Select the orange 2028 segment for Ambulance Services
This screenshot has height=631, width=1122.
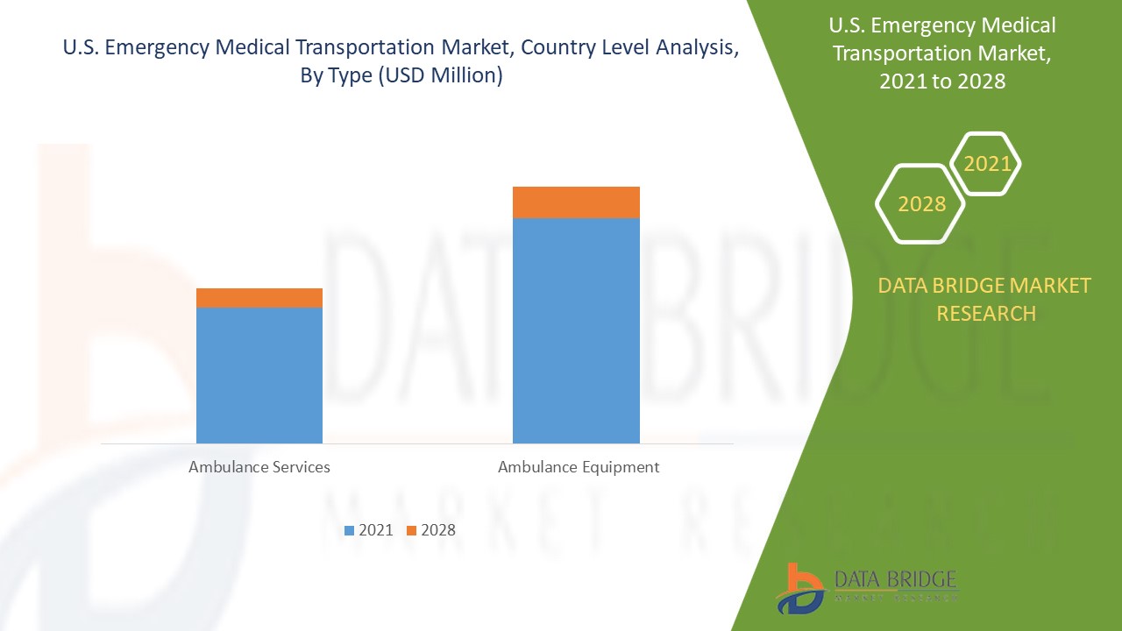[259, 298]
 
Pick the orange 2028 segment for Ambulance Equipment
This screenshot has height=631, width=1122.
[576, 202]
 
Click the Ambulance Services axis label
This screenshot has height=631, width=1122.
[259, 467]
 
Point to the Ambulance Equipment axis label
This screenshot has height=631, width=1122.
[579, 467]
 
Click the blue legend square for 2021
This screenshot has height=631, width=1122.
[350, 530]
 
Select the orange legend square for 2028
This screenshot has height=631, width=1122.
[411, 530]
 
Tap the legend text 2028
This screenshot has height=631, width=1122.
[438, 530]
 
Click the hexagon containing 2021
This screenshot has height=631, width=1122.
[987, 164]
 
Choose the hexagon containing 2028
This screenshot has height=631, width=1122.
[921, 204]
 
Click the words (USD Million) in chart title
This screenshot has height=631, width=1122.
[441, 76]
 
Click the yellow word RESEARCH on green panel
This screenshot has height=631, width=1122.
[986, 314]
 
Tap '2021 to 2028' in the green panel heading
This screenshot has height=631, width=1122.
[943, 82]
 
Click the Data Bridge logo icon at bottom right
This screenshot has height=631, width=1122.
[799, 588]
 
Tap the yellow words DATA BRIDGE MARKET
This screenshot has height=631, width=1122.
[984, 286]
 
